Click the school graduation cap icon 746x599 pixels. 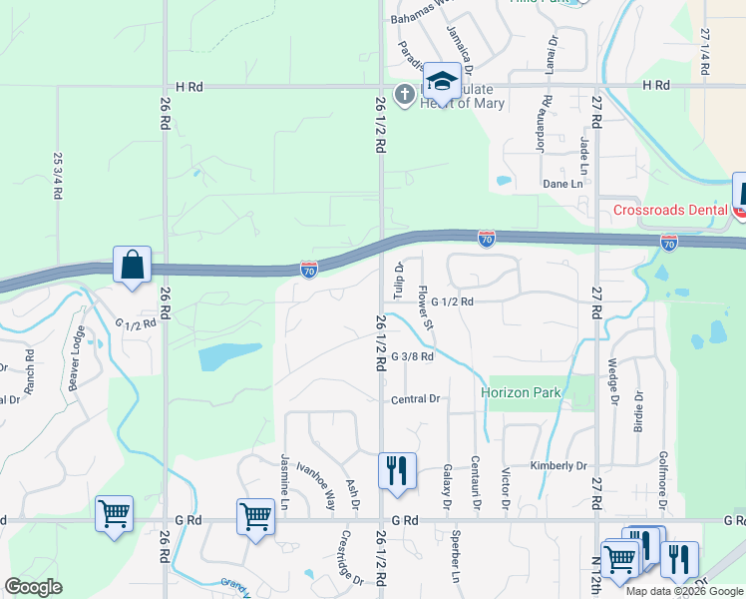coord(441,80)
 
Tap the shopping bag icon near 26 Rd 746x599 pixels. coord(132,266)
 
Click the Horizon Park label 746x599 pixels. coord(521,392)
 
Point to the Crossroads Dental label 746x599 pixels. coord(670,210)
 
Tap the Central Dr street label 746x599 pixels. coord(415,399)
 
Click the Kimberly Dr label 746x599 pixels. coord(559,466)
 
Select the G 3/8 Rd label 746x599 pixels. coord(412,356)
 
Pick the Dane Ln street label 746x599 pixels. coord(562,184)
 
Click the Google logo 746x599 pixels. coord(34,587)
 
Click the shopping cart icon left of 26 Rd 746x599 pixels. coord(114,514)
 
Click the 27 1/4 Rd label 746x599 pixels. coord(705,47)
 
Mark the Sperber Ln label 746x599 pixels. coord(455,563)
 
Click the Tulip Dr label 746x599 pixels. coord(397,281)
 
